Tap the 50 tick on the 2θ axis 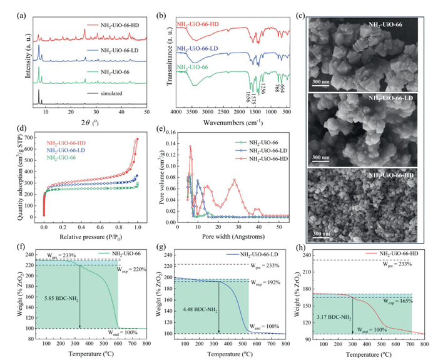click(x=146, y=112)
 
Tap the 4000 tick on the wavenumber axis click(x=178, y=112)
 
